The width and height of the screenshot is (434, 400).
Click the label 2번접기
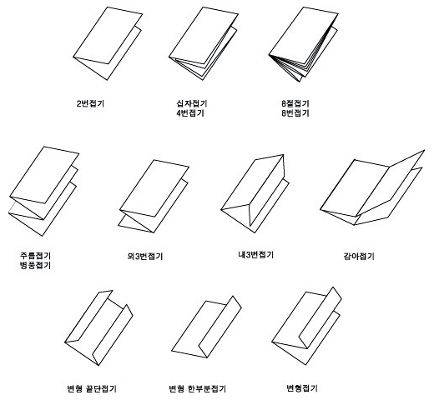tap(90, 103)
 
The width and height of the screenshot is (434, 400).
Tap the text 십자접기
tap(192, 103)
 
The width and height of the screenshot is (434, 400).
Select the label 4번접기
tap(190, 113)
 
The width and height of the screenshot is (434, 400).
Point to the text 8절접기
tap(295, 103)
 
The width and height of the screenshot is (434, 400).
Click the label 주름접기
tap(35, 255)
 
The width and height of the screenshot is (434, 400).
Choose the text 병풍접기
tap(35, 265)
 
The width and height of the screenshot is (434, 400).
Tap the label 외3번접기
tap(144, 256)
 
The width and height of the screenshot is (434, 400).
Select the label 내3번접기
tap(256, 255)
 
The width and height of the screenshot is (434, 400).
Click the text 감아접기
tap(359, 256)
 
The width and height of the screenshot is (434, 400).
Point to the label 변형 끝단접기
tap(92, 388)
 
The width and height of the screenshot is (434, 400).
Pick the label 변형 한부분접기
tap(198, 388)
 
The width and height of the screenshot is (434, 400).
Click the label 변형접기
tap(302, 387)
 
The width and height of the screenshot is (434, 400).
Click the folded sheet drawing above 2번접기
tap(108, 43)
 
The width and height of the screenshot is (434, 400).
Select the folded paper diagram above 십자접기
tap(204, 43)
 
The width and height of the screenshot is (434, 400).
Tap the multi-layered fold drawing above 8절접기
tap(304, 44)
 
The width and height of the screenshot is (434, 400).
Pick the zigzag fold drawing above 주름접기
tap(43, 192)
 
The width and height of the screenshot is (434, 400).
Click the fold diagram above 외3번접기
tap(154, 197)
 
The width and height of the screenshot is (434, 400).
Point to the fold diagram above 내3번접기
tap(255, 193)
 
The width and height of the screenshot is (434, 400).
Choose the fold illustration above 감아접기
tap(372, 187)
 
